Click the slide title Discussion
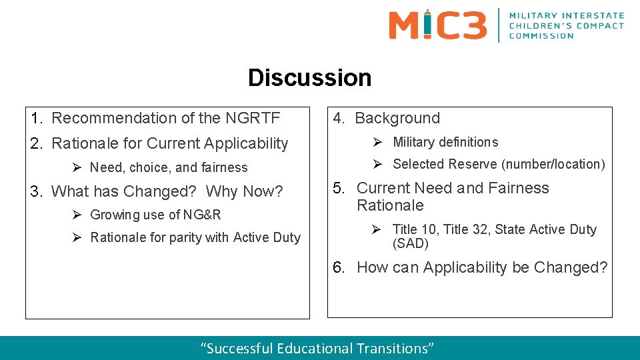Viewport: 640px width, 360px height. [x=309, y=78]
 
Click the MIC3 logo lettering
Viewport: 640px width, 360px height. [x=437, y=25]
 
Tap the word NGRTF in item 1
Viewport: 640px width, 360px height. [x=253, y=118]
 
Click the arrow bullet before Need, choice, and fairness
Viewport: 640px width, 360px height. [x=77, y=167]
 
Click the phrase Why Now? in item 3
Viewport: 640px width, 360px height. [x=244, y=192]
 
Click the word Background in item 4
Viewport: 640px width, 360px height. [x=397, y=119]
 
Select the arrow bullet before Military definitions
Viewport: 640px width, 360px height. [x=377, y=142]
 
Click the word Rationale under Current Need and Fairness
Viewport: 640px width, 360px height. [x=390, y=205]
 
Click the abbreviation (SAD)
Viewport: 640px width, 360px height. [x=410, y=244]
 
